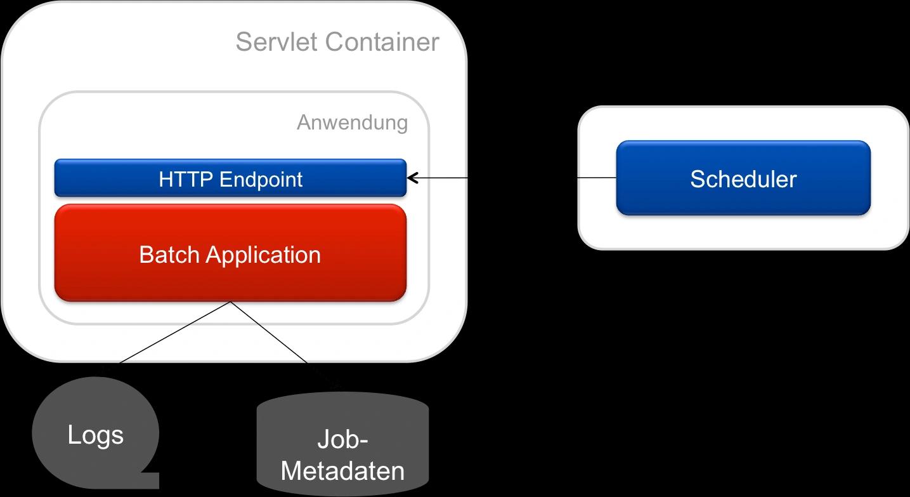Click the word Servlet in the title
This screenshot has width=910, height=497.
coord(276,43)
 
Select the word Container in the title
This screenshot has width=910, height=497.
coord(382,43)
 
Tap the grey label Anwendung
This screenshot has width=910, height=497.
coord(352,123)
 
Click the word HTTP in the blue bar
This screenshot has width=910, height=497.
coord(186,180)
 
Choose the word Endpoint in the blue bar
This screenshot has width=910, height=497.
coord(261,180)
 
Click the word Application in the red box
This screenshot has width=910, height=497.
coord(263,255)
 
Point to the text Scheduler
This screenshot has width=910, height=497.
coord(743,179)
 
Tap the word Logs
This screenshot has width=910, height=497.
coord(95,435)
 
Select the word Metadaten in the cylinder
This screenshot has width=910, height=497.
coord(342,471)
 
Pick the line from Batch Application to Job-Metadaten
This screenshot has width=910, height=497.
coord(270,333)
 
